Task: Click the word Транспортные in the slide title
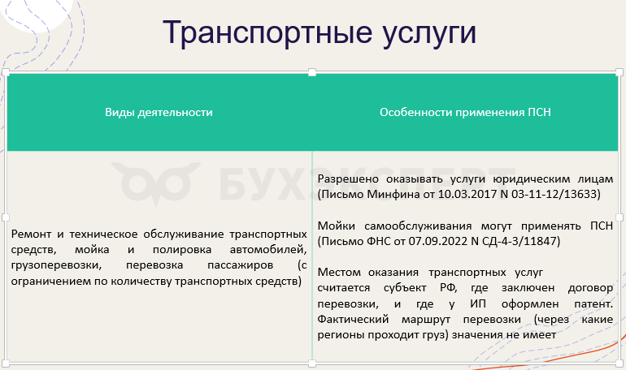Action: point(267,32)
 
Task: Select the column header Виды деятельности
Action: point(159,112)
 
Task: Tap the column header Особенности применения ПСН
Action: point(465,112)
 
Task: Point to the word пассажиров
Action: point(241,265)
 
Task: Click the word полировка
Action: point(181,250)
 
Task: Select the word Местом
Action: point(339,273)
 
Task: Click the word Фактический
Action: point(353,320)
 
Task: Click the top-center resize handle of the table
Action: point(312,72)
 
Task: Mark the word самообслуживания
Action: point(418,226)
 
